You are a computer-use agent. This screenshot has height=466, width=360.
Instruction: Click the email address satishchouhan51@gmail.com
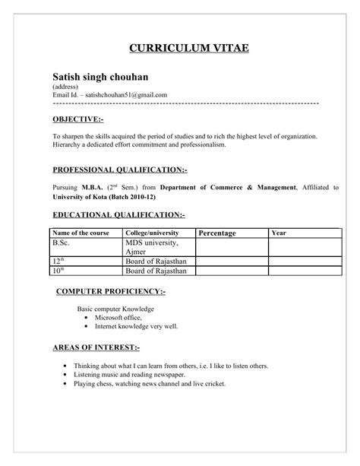click(125, 95)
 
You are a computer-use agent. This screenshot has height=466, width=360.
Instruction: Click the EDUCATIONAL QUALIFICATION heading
click(118, 215)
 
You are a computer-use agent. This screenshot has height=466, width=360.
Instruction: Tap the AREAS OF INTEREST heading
click(96, 347)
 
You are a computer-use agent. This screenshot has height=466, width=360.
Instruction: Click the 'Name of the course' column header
click(80, 232)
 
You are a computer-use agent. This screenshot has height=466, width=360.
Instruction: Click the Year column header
click(279, 232)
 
